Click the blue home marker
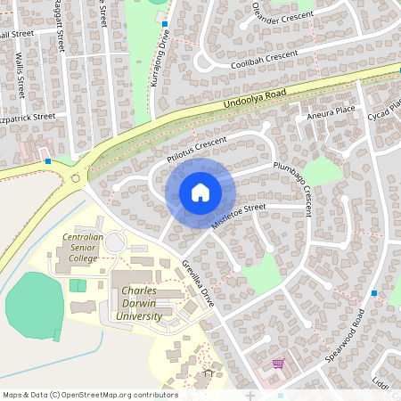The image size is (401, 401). [200, 192]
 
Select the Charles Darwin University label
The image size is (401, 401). [141, 303]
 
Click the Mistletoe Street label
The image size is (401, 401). [239, 216]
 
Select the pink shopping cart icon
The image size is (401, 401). [279, 364]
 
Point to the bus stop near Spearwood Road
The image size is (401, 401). [373, 293]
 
